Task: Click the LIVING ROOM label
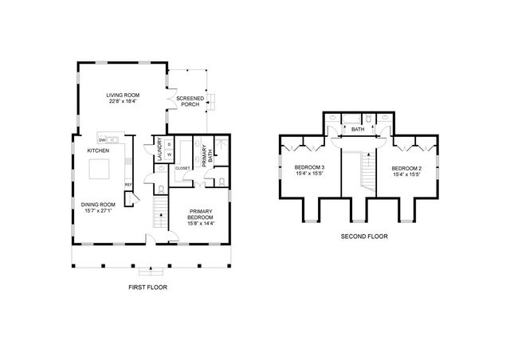click(123, 95)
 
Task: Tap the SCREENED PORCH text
click(190, 102)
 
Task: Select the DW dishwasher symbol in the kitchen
click(103, 140)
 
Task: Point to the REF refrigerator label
click(127, 186)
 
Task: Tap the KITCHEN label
click(98, 151)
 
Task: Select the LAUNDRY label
click(159, 151)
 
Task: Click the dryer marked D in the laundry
click(169, 144)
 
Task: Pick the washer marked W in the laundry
click(169, 155)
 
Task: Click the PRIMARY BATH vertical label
click(206, 152)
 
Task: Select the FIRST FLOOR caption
click(147, 287)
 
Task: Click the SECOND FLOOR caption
click(364, 237)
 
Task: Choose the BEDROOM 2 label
click(407, 170)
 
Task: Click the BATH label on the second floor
click(358, 128)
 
